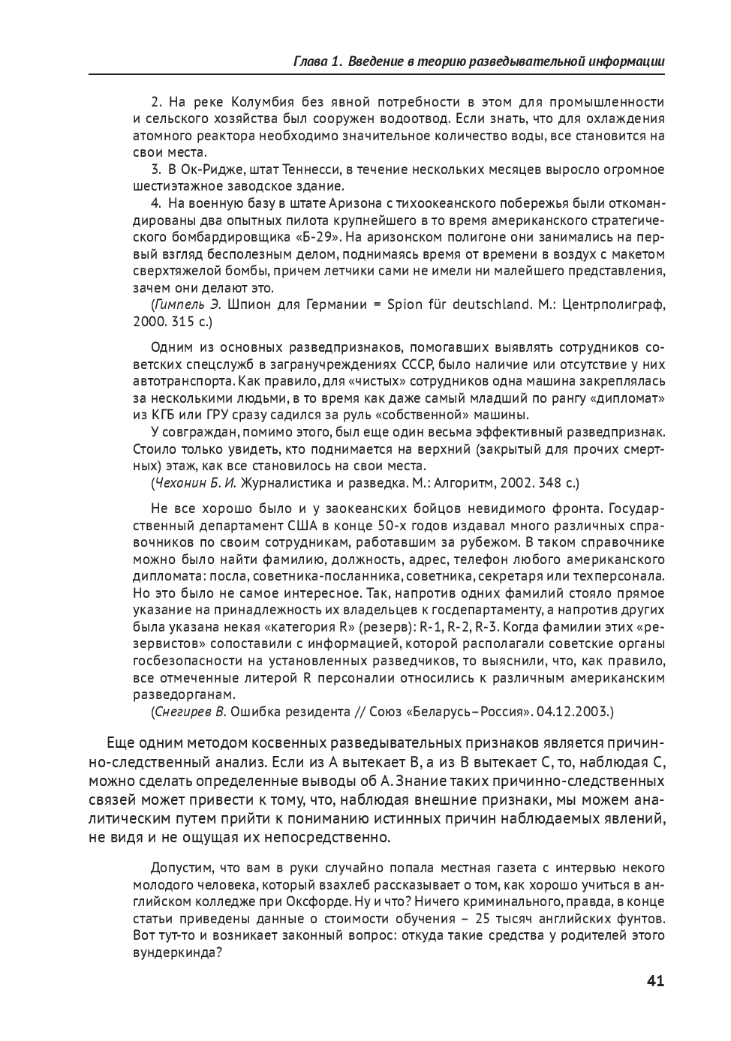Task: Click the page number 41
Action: pos(655,981)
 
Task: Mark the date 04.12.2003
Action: pos(573,711)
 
